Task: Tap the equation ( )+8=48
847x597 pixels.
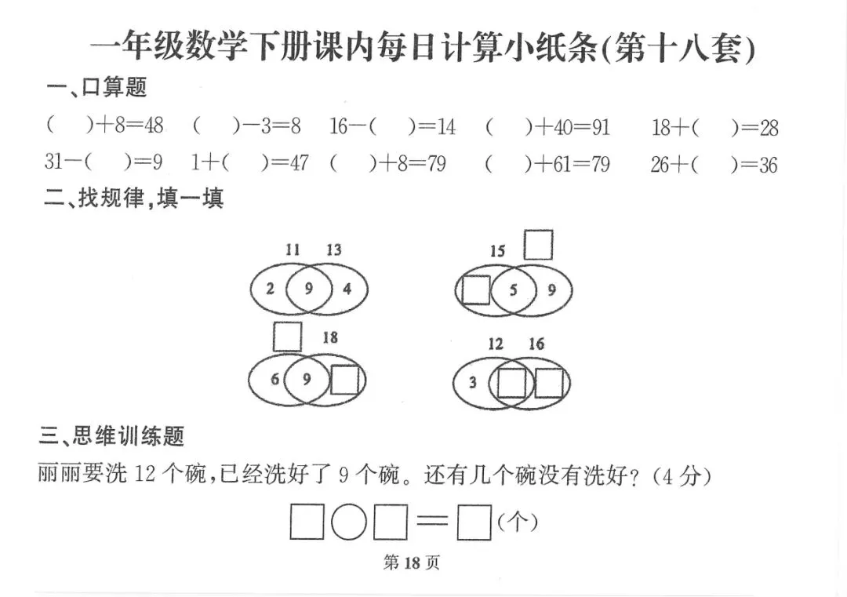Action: (x=104, y=126)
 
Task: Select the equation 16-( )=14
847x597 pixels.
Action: (x=392, y=126)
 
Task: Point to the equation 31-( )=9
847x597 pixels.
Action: (x=103, y=162)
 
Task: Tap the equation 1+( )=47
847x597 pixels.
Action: (x=249, y=163)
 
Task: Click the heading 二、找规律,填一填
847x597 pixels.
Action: (x=134, y=198)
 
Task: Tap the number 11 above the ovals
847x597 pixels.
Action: (x=293, y=250)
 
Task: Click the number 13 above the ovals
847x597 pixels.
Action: (x=334, y=250)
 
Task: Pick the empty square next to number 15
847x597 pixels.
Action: (x=538, y=245)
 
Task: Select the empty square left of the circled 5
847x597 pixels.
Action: (x=475, y=290)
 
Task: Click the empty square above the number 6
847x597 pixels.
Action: (x=287, y=337)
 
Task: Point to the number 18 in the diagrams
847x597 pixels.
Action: (x=330, y=337)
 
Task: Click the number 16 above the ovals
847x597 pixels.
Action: (x=536, y=343)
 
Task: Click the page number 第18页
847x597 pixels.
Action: (x=411, y=562)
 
